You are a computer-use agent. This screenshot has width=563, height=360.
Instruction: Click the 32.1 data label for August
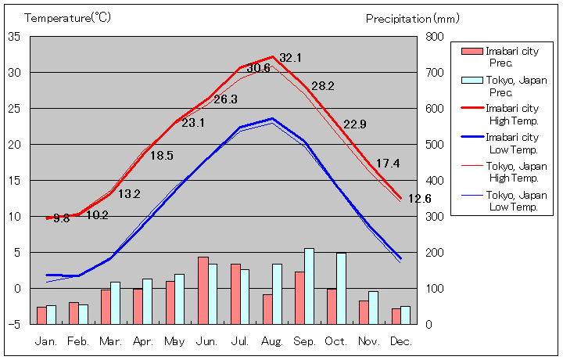click(x=290, y=58)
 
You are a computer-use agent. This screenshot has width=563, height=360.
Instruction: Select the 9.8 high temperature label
click(x=62, y=218)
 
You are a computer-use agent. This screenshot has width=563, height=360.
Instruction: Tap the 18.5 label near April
click(x=161, y=156)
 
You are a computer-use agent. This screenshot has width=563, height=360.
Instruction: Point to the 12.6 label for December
click(x=420, y=199)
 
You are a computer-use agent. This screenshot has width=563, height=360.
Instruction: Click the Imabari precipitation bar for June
click(x=203, y=290)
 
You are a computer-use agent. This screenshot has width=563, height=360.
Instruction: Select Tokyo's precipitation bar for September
click(x=310, y=286)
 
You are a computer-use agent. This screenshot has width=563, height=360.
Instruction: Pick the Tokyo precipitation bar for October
click(x=342, y=288)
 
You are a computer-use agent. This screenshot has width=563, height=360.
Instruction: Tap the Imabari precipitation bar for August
click(x=267, y=309)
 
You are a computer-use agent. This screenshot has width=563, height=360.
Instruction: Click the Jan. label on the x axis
click(x=46, y=342)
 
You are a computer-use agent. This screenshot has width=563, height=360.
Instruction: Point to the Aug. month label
click(x=272, y=342)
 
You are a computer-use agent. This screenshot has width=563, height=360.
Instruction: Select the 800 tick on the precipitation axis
click(x=435, y=37)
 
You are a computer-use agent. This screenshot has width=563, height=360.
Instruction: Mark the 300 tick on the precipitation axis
click(x=435, y=217)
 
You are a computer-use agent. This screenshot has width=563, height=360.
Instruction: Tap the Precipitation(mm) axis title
click(x=413, y=18)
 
